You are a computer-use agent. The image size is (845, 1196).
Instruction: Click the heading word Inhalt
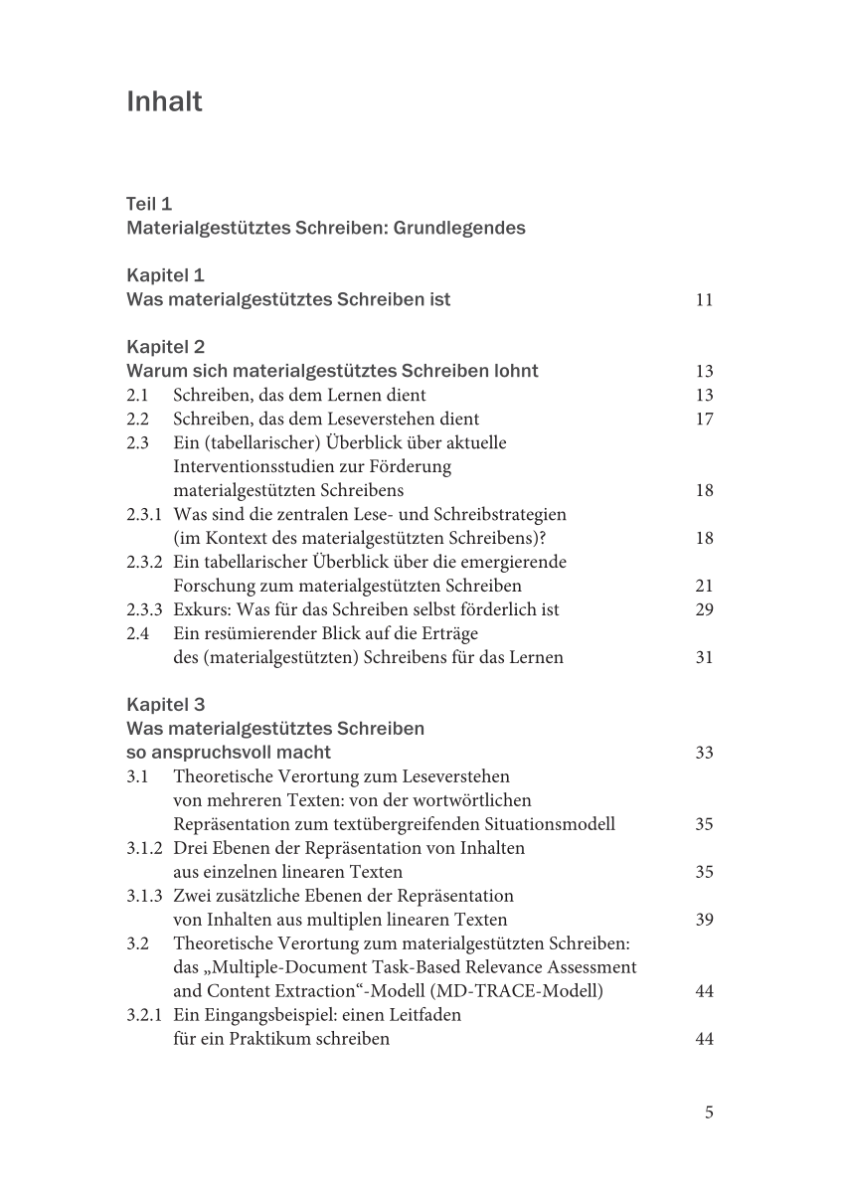(165, 102)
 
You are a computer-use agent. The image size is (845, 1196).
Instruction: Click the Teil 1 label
(149, 204)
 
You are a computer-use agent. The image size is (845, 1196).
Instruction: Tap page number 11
(704, 300)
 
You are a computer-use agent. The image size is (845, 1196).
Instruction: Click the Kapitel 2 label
(166, 347)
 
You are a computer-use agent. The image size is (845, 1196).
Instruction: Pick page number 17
(704, 419)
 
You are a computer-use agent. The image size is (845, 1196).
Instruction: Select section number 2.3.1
(144, 514)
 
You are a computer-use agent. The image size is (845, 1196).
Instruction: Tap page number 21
(704, 586)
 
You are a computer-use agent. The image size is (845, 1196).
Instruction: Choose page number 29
(704, 609)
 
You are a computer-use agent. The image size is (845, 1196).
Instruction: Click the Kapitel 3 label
(166, 705)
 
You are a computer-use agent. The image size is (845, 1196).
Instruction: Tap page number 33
(704, 753)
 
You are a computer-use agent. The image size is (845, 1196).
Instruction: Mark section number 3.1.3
(144, 896)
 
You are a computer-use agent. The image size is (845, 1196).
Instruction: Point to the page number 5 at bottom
(709, 1112)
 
